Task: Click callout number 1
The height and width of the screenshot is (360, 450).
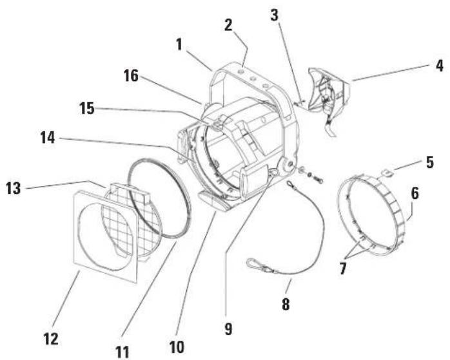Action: click(x=179, y=45)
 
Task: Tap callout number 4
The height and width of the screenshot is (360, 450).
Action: click(x=439, y=66)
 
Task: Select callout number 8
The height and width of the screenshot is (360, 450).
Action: click(x=286, y=304)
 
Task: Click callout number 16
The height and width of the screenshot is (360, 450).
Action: click(x=131, y=76)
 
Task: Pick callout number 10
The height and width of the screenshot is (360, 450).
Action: click(x=177, y=347)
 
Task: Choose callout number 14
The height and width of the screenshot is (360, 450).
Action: click(x=48, y=138)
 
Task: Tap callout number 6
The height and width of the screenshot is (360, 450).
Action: click(x=415, y=193)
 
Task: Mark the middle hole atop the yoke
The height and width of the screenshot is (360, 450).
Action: click(x=253, y=79)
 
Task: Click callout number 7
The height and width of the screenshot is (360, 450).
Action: click(x=343, y=269)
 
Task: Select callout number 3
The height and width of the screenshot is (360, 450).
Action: click(x=275, y=15)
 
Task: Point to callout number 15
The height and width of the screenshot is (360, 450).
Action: click(x=86, y=108)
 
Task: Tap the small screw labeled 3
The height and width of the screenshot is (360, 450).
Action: click(x=299, y=102)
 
